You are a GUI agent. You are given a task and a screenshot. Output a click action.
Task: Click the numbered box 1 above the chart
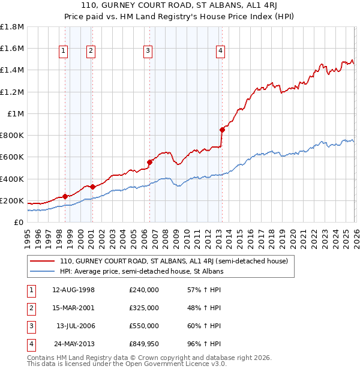(x=64, y=52)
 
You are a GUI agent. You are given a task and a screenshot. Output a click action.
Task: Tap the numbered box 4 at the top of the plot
(x=221, y=52)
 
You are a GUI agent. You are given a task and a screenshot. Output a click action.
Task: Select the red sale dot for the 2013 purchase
(x=222, y=130)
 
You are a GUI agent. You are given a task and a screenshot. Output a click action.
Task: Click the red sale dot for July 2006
(x=149, y=162)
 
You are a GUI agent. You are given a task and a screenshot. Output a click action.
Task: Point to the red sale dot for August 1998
(x=65, y=196)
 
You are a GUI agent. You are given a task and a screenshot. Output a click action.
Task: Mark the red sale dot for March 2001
(x=92, y=187)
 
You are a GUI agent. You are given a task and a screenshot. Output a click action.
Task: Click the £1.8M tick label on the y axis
(x=13, y=27)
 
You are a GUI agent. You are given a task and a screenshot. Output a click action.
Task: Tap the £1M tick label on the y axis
(x=16, y=113)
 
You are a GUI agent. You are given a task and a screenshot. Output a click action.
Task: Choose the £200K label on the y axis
(x=12, y=200)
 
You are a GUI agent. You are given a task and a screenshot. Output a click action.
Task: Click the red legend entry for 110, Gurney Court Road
(x=174, y=261)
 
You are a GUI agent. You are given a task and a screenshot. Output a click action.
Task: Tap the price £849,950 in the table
(x=144, y=344)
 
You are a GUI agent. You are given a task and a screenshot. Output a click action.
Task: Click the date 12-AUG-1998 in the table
(x=73, y=290)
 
